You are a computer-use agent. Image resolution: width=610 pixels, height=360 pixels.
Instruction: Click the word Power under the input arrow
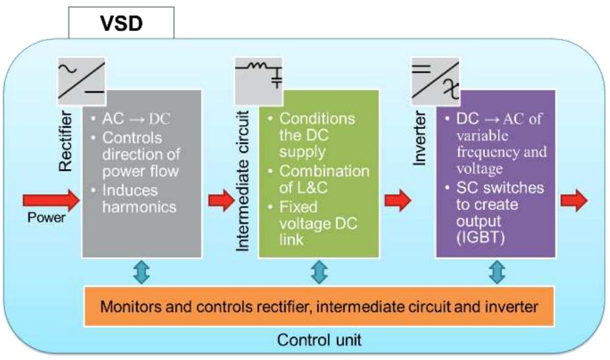pos(47,218)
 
